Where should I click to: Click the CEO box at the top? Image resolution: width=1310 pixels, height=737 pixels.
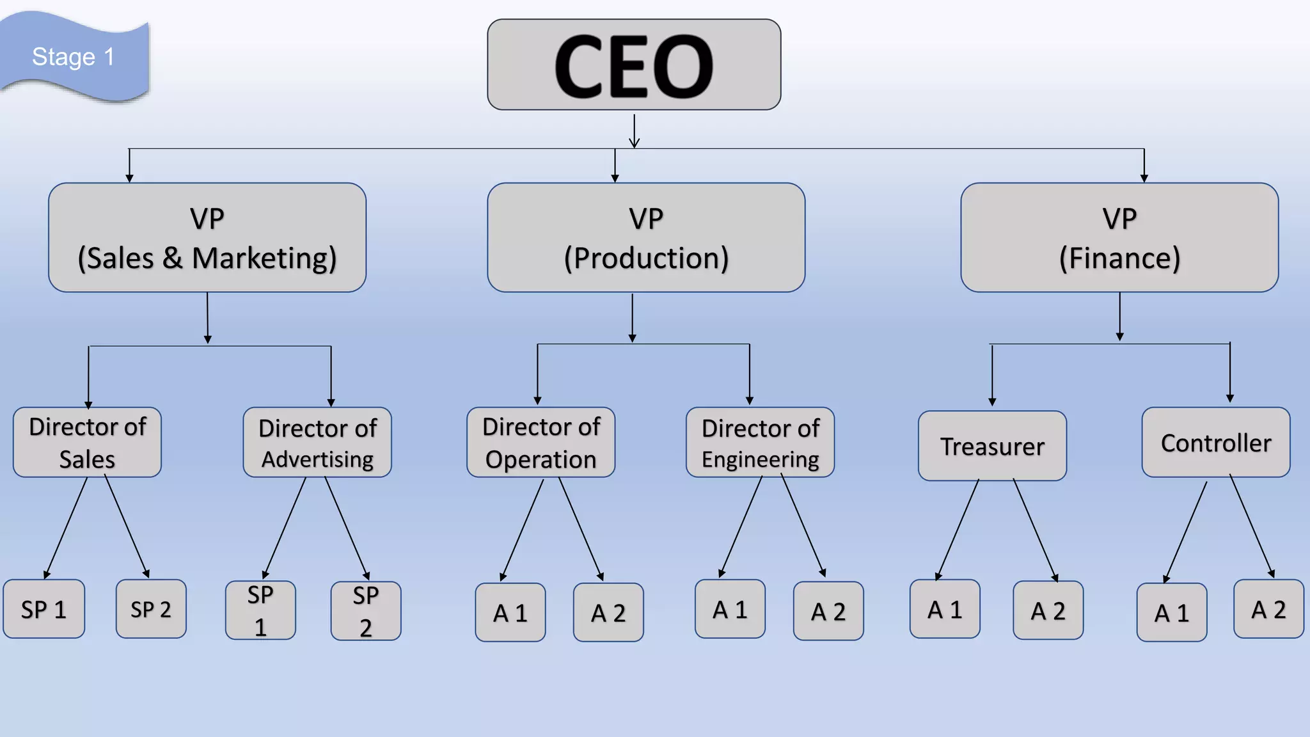click(x=634, y=65)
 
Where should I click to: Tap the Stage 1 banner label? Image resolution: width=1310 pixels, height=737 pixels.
click(x=73, y=57)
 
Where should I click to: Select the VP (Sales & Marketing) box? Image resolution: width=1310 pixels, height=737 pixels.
click(x=207, y=238)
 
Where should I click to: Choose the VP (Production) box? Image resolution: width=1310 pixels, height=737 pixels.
click(x=646, y=238)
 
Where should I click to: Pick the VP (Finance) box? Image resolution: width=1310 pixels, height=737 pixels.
click(x=1119, y=238)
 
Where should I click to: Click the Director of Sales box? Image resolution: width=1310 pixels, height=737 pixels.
click(x=88, y=443)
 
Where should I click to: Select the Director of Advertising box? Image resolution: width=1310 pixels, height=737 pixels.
click(x=317, y=443)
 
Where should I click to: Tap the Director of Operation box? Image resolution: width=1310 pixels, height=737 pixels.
click(x=541, y=443)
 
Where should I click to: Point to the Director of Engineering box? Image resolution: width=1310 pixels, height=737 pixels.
click(x=761, y=443)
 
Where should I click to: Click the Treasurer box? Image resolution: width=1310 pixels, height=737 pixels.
click(x=992, y=446)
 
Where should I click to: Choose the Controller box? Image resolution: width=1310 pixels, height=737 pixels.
click(x=1216, y=443)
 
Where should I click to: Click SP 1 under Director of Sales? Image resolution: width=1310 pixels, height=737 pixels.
click(x=43, y=609)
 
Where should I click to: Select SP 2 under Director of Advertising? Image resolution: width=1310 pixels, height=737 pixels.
click(x=366, y=611)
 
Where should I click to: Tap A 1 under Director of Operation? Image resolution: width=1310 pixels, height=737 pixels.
click(x=510, y=613)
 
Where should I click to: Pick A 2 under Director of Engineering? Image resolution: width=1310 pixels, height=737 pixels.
click(x=828, y=612)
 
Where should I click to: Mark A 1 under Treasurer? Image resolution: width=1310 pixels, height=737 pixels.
click(x=945, y=609)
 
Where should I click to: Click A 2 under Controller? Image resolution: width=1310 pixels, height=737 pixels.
click(x=1268, y=609)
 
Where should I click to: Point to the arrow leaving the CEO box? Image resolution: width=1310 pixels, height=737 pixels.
click(x=635, y=131)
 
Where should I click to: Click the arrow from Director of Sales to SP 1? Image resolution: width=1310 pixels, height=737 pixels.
click(x=66, y=528)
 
